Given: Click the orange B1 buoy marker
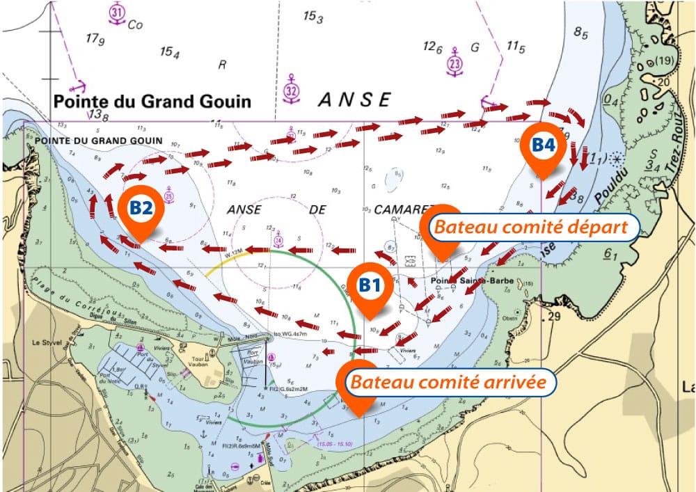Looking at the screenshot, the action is click(x=370, y=285).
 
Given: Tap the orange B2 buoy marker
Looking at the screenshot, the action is click(x=141, y=208).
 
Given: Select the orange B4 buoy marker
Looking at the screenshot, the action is click(x=544, y=145).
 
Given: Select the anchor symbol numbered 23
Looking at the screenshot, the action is click(x=454, y=63).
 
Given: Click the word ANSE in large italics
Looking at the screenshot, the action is click(x=354, y=100).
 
